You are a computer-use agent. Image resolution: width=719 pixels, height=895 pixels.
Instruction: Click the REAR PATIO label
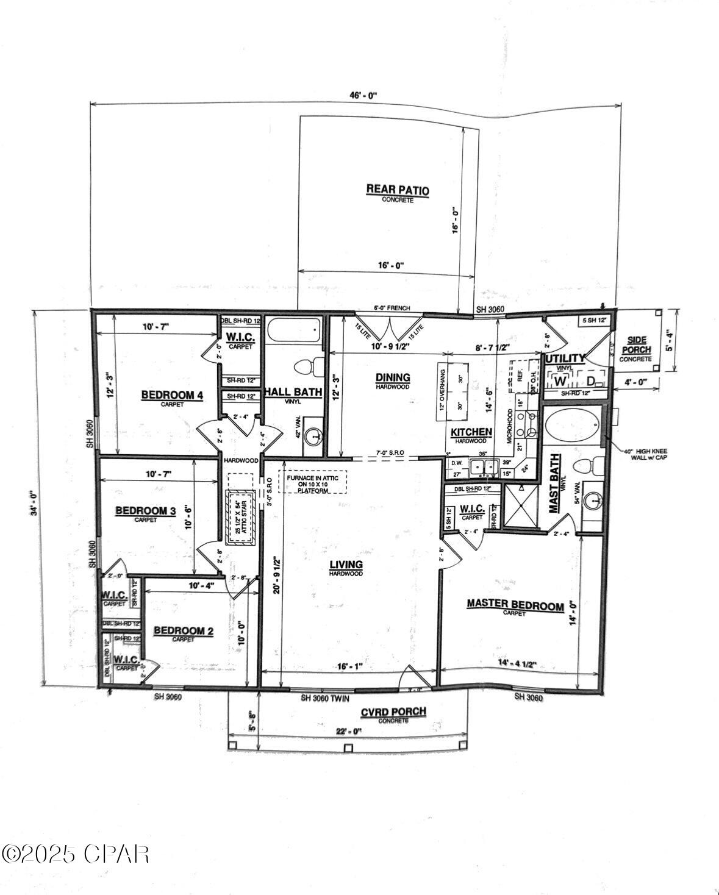(x=397, y=191)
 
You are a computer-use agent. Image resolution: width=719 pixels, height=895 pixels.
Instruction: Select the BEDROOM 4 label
(x=172, y=396)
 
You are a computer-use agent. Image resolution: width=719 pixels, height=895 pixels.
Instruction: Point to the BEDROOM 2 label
(x=183, y=630)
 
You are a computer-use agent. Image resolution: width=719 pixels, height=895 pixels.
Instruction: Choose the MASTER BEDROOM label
(x=515, y=605)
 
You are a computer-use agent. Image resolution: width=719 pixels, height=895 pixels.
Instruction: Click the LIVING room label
(x=346, y=565)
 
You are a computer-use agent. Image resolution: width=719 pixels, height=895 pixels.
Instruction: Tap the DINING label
(x=393, y=378)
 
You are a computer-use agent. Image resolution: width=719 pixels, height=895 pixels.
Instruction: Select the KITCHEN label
(x=471, y=432)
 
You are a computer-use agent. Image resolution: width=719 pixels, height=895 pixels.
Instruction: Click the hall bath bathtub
(x=294, y=332)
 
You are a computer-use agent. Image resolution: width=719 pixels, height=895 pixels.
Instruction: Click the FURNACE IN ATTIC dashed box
(x=312, y=482)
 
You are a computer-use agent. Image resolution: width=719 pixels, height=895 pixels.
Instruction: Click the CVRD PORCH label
(x=393, y=712)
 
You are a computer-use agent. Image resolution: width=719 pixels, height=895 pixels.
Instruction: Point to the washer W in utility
(x=559, y=381)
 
